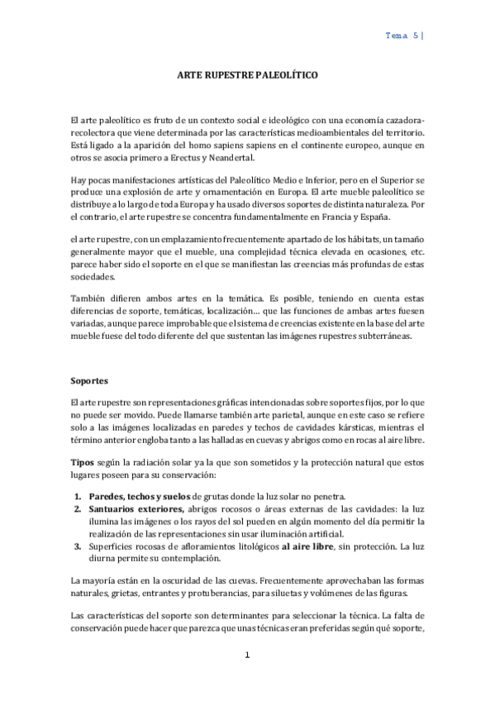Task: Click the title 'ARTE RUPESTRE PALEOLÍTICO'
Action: point(248,74)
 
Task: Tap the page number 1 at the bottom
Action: point(247,655)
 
